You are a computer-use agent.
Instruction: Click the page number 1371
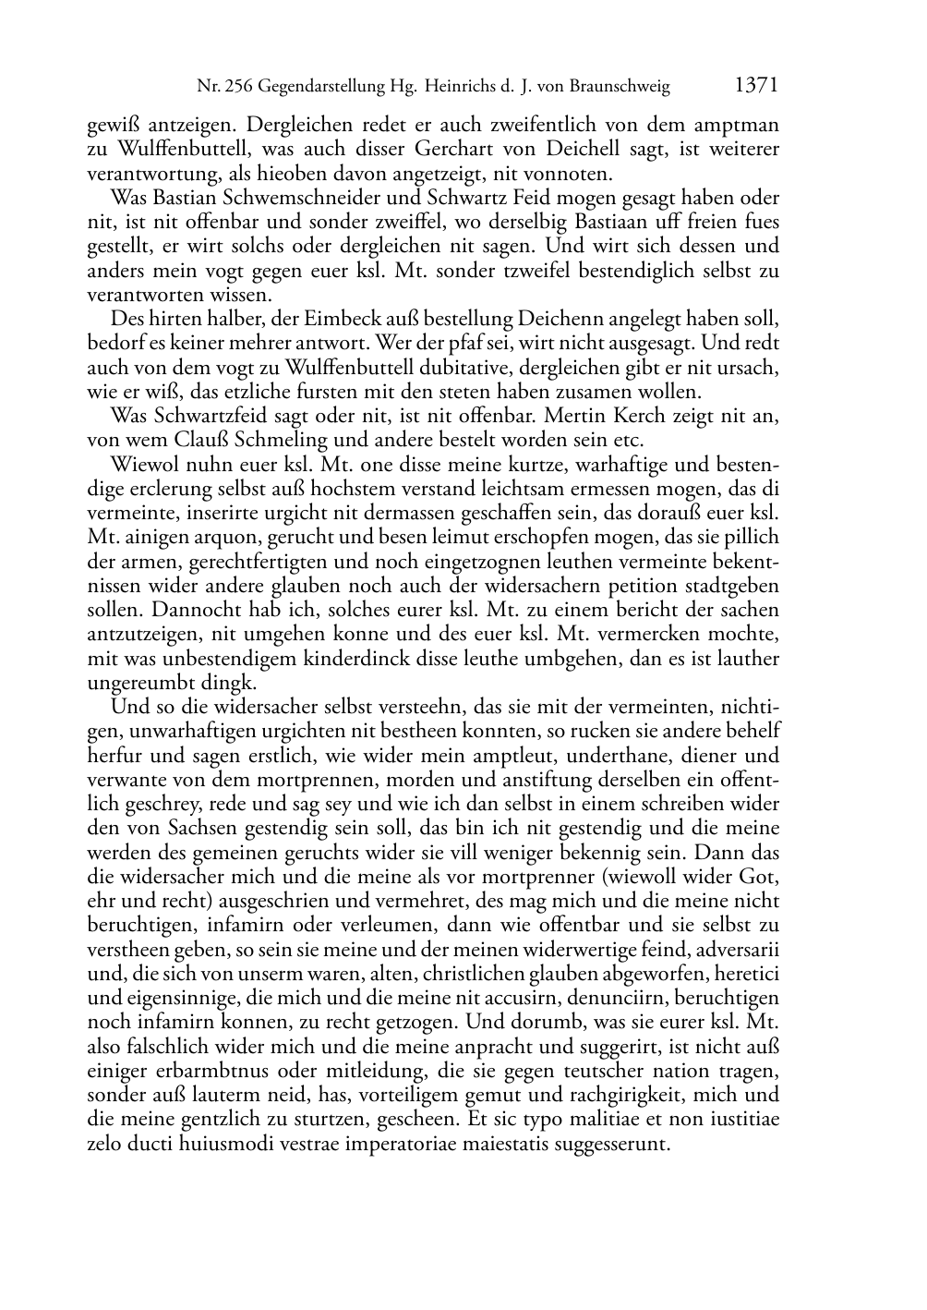click(x=756, y=86)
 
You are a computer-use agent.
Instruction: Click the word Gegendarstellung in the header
click(x=319, y=88)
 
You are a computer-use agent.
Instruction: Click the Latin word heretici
click(x=746, y=974)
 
